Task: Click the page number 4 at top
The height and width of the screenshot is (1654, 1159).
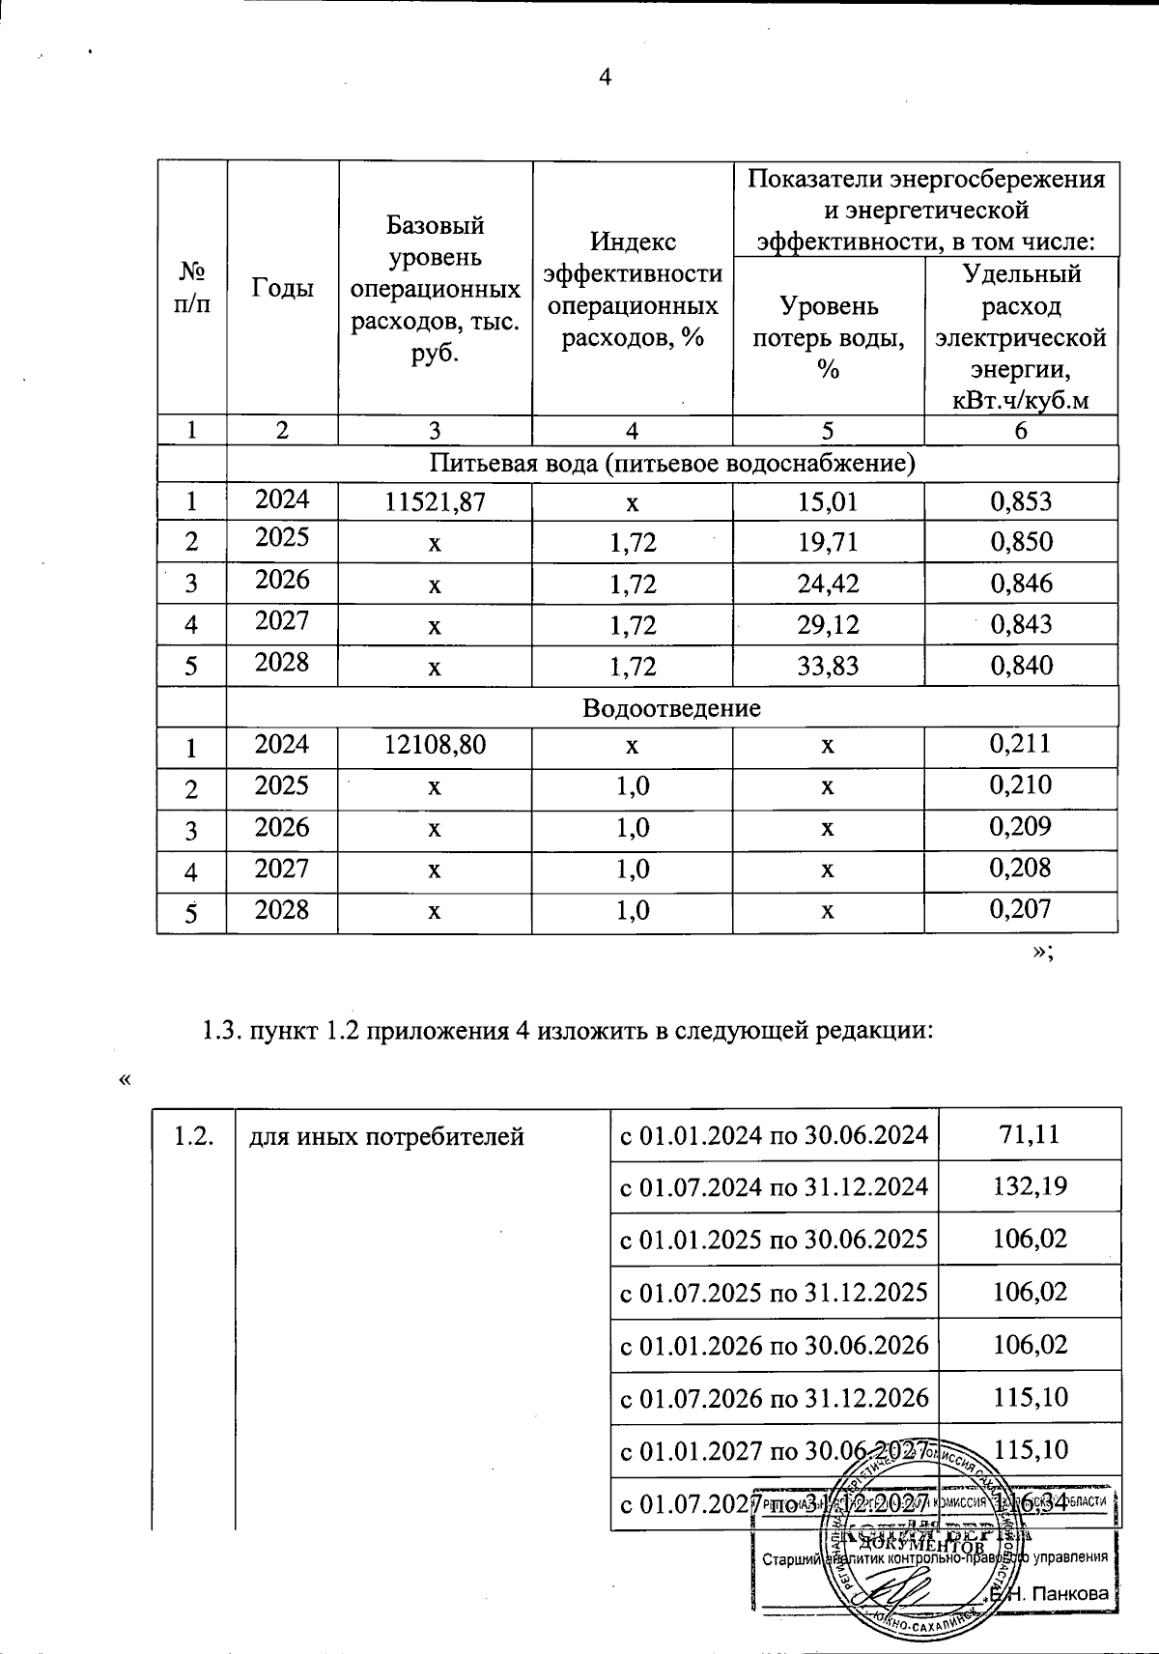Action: pyautogui.click(x=605, y=77)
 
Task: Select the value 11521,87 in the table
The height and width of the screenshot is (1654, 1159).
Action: pyautogui.click(x=435, y=500)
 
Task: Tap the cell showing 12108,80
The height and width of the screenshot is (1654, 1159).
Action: pyautogui.click(x=435, y=746)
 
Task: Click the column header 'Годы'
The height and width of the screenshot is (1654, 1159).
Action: pyautogui.click(x=282, y=289)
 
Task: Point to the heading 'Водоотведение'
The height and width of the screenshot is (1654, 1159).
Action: pyautogui.click(x=671, y=708)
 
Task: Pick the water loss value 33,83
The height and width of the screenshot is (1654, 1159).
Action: pyautogui.click(x=828, y=665)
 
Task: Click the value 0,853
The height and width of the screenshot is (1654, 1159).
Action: pyautogui.click(x=1020, y=500)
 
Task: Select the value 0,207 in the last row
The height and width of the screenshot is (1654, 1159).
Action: pyautogui.click(x=1020, y=909)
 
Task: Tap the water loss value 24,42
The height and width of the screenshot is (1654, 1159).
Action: pyautogui.click(x=828, y=583)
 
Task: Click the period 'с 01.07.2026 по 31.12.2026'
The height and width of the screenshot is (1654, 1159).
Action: pyautogui.click(x=774, y=1397)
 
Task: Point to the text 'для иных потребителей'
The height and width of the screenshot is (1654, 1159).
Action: pyautogui.click(x=386, y=1136)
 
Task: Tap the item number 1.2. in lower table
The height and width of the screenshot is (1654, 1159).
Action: pyautogui.click(x=192, y=1136)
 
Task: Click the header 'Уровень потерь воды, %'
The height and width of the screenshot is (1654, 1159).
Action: pyautogui.click(x=828, y=338)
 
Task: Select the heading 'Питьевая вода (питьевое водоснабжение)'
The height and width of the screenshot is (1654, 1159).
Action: pyautogui.click(x=671, y=464)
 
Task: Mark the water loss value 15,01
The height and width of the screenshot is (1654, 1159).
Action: pyautogui.click(x=828, y=500)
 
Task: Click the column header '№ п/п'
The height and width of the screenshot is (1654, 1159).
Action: pyautogui.click(x=191, y=289)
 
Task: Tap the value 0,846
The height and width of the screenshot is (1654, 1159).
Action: pyautogui.click(x=1020, y=583)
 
